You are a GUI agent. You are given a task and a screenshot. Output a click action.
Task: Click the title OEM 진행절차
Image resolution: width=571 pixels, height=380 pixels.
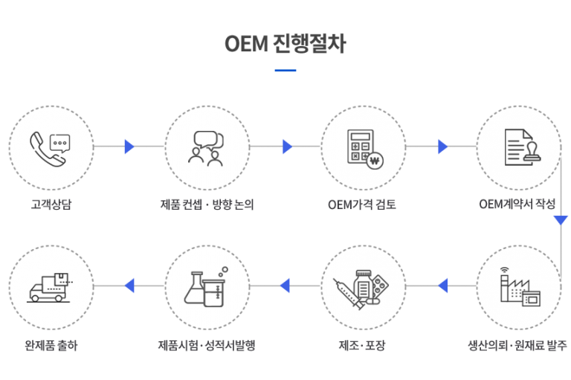(285, 44)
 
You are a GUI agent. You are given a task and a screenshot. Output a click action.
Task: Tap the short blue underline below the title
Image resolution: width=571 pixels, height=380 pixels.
(285, 71)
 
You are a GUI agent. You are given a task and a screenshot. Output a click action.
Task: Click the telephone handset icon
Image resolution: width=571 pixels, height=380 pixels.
(47, 149)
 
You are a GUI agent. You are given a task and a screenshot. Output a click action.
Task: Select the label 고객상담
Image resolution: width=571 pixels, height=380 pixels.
(51, 205)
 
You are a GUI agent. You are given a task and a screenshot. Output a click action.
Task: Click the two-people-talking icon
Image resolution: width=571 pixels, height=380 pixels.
(206, 149)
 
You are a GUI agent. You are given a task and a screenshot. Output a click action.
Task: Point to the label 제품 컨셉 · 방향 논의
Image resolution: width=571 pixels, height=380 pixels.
(207, 205)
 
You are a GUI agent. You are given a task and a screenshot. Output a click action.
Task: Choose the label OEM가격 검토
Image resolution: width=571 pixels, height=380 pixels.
(362, 205)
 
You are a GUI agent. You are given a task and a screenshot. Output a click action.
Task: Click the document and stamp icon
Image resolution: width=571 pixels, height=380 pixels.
(523, 147)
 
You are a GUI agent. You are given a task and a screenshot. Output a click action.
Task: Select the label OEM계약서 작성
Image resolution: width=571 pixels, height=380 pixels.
(517, 204)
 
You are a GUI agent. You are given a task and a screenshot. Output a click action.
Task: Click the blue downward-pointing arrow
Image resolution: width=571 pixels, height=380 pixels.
(561, 220)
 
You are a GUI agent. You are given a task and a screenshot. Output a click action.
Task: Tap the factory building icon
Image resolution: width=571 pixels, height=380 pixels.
(520, 287)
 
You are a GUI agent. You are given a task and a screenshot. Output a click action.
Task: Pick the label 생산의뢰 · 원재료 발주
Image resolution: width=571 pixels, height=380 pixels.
(517, 345)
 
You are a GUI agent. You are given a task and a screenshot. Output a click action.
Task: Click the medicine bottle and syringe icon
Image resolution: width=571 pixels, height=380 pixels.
(361, 289)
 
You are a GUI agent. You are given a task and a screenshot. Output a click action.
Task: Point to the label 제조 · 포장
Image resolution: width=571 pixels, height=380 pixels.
(362, 345)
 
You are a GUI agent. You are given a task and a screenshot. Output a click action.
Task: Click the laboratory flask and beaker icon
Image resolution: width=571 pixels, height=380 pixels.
(206, 287)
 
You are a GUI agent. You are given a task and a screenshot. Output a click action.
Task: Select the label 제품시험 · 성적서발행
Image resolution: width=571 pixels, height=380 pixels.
(207, 345)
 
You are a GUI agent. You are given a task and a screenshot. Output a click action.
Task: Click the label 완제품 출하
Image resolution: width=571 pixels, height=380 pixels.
(51, 345)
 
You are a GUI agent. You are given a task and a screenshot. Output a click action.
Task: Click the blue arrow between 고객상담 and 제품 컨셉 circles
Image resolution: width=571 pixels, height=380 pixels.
(129, 146)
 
